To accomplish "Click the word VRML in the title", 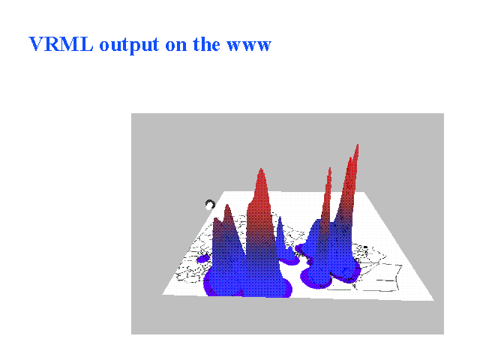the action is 61,44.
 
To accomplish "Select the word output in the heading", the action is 129,45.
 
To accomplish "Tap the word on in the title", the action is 176,46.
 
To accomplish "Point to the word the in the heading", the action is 206,44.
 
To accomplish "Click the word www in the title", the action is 249,46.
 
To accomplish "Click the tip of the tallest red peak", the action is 358,145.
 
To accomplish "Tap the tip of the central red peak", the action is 261,168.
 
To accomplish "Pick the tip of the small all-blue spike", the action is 280,217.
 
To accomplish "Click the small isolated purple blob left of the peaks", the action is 203,259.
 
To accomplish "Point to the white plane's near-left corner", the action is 162,295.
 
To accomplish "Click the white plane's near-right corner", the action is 433,300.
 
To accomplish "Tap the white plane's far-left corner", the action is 225,192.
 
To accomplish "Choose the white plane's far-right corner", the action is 364,192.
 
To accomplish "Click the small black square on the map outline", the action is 365,247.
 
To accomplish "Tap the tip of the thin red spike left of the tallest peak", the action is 330,168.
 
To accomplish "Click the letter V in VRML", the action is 37,44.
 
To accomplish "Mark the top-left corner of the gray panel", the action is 131,113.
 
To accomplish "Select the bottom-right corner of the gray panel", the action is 443,334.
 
